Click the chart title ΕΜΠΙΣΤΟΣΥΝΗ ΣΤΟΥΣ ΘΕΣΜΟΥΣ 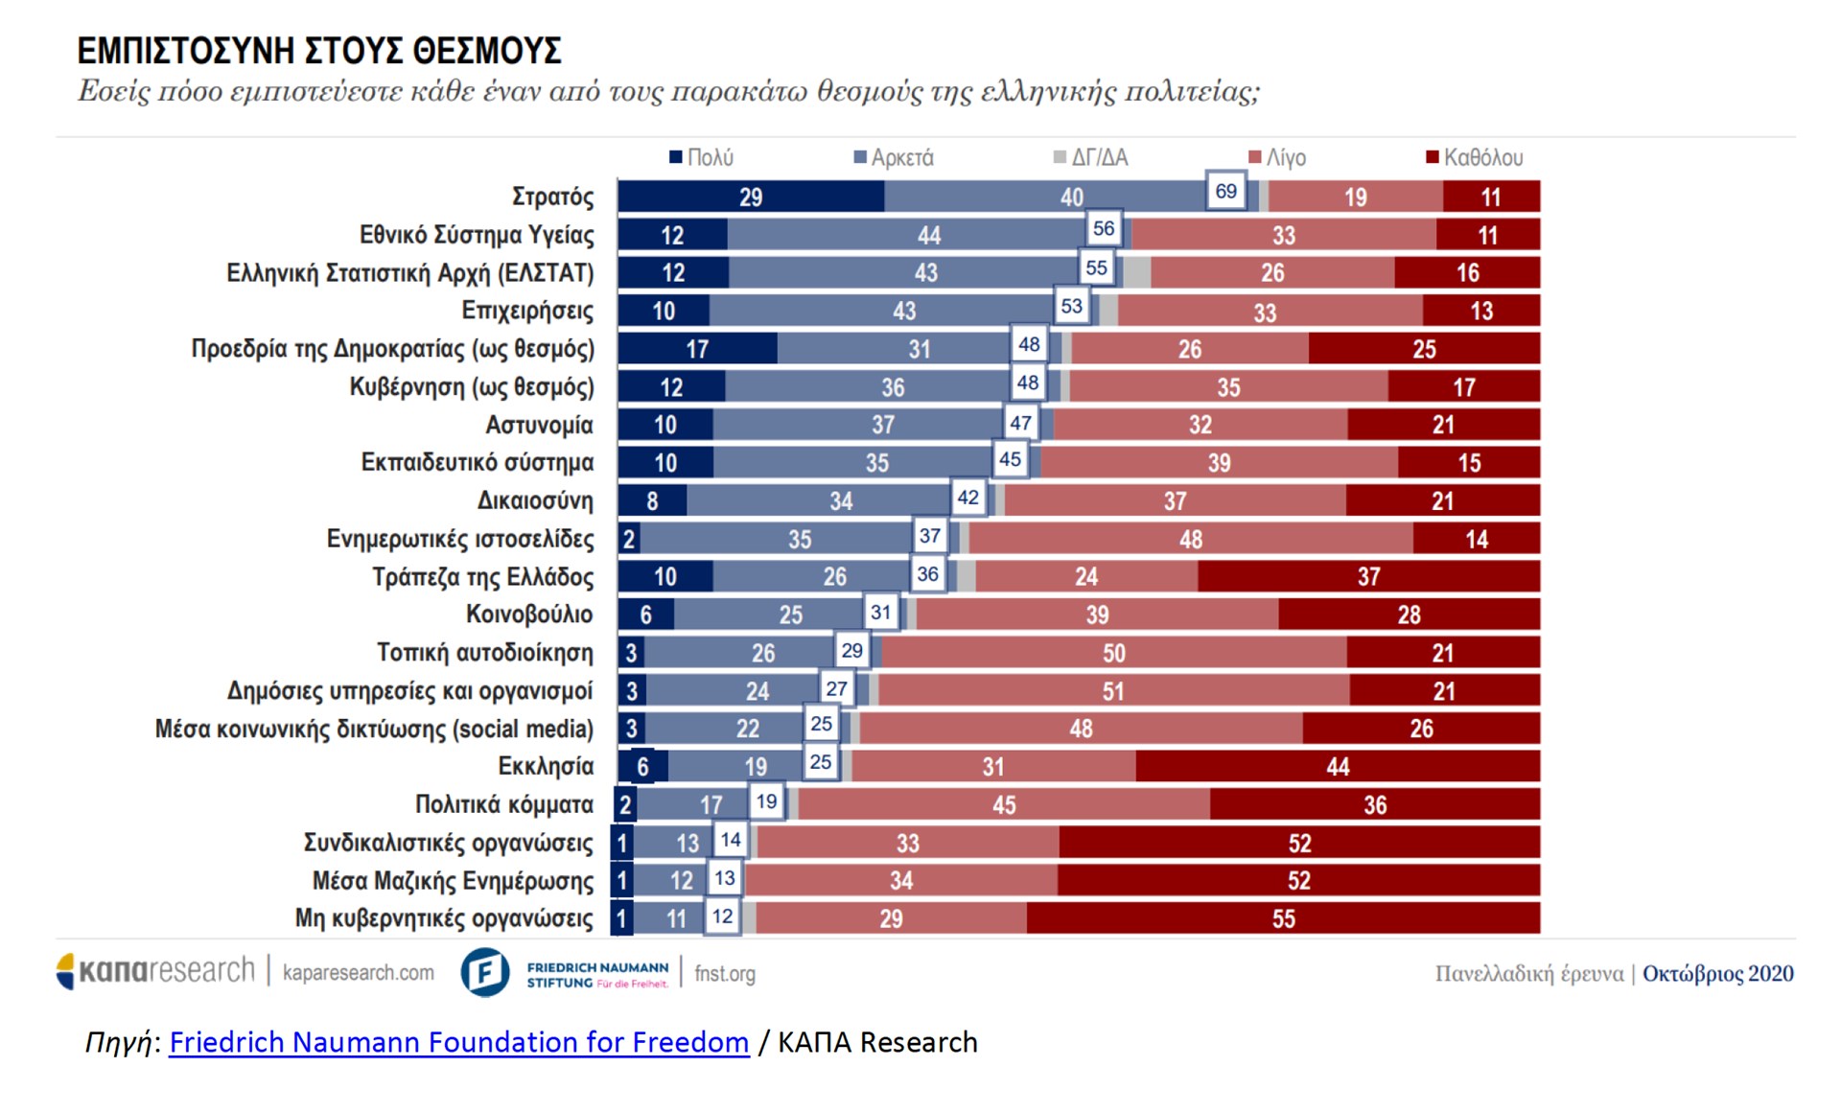pyautogui.click(x=319, y=51)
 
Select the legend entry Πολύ pyautogui.click(x=702, y=157)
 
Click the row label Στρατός pyautogui.click(x=552, y=197)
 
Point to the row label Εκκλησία pyautogui.click(x=546, y=766)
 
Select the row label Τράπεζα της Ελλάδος pyautogui.click(x=482, y=577)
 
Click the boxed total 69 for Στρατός pyautogui.click(x=1225, y=191)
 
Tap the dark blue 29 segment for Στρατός pyautogui.click(x=751, y=197)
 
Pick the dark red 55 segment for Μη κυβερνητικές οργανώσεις pyautogui.click(x=1283, y=918)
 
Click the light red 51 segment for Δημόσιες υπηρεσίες pyautogui.click(x=1112, y=690)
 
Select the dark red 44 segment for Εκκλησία pyautogui.click(x=1338, y=766)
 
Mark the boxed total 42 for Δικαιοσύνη pyautogui.click(x=968, y=497)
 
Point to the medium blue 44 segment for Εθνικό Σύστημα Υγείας pyautogui.click(x=928, y=235)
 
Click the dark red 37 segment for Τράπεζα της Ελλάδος pyautogui.click(x=1368, y=576)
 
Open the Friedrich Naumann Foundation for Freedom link pyautogui.click(x=458, y=1042)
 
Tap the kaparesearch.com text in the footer pyautogui.click(x=358, y=972)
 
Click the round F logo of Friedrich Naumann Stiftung pyautogui.click(x=485, y=972)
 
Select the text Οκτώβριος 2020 pyautogui.click(x=1717, y=974)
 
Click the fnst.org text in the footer pyautogui.click(x=724, y=974)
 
